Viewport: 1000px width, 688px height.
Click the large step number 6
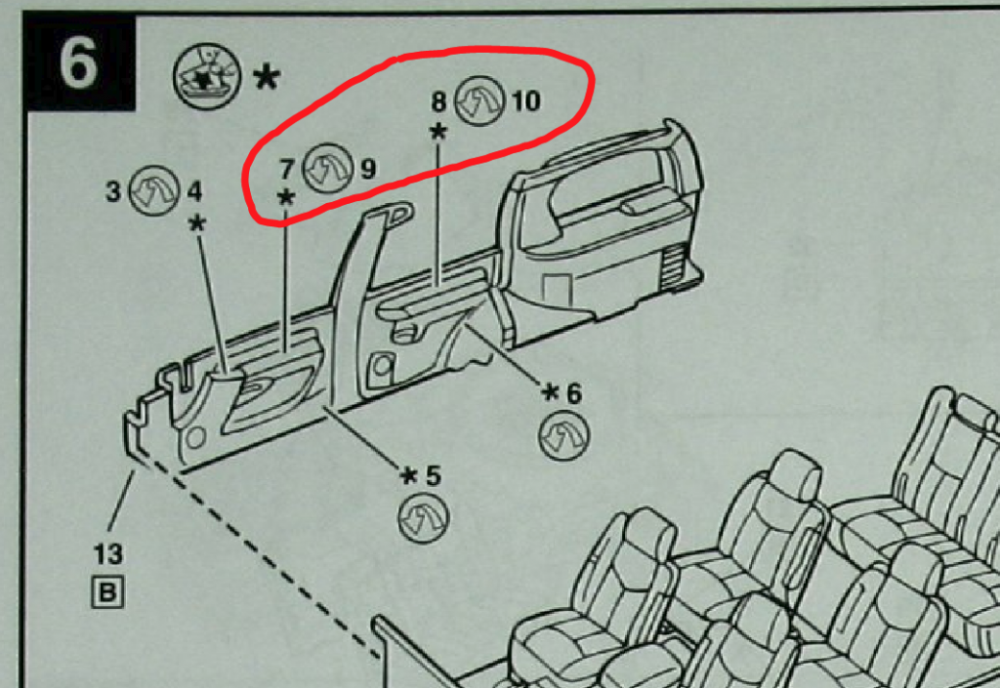coord(78,62)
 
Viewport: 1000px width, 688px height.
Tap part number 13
coord(107,554)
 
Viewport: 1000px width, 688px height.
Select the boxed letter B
coord(107,593)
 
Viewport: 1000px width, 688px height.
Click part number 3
coord(113,191)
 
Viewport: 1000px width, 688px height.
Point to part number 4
coord(194,191)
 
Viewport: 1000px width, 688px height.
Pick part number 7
coord(286,169)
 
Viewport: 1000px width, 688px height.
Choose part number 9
coord(368,169)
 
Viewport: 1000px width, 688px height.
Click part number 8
coord(438,101)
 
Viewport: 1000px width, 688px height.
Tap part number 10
coord(525,101)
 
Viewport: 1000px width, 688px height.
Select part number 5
coord(433,475)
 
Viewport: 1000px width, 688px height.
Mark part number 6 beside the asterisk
coord(574,393)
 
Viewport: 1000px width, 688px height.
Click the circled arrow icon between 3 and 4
coord(153,190)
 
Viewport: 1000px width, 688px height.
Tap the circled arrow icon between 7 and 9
coord(327,168)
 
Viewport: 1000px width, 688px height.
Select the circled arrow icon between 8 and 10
coord(479,100)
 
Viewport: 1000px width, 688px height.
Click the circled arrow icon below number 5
coord(424,517)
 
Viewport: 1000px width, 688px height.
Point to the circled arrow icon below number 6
coord(564,435)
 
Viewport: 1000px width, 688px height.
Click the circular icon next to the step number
coord(207,76)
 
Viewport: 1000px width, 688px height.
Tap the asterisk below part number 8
coord(438,132)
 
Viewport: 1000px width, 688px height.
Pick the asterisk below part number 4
coord(197,223)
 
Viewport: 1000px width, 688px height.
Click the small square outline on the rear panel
coord(556,291)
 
